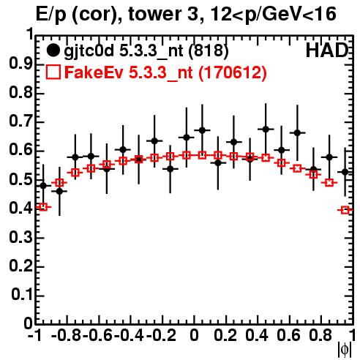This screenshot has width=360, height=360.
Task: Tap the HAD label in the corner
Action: pos(327,50)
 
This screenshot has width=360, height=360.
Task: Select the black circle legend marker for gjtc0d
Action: pos(53,50)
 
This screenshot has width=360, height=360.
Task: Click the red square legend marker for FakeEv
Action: pos(53,72)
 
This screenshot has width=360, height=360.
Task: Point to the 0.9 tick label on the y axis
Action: pos(20,64)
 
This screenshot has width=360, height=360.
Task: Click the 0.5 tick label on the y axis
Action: pos(20,179)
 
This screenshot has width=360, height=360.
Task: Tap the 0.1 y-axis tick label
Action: pos(21,295)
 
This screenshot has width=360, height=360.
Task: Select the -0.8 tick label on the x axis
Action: pos(66,336)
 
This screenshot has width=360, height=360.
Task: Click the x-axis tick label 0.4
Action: pos(257,336)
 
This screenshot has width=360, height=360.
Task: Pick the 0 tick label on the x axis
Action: pos(194,336)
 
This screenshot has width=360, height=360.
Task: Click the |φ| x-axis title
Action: pos(345,350)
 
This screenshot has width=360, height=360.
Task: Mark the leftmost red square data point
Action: pos(43,207)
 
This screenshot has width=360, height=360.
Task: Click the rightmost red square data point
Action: pos(345,210)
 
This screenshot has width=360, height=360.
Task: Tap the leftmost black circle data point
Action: pos(43,186)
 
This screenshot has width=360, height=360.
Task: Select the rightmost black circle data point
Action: pos(345,172)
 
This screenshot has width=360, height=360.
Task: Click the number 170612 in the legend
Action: pos(232,72)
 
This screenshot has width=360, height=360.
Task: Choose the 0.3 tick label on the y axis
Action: pos(20,237)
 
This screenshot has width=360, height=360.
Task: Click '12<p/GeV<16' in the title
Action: pos(273,15)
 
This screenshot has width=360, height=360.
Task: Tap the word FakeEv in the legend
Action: pos(94,72)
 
